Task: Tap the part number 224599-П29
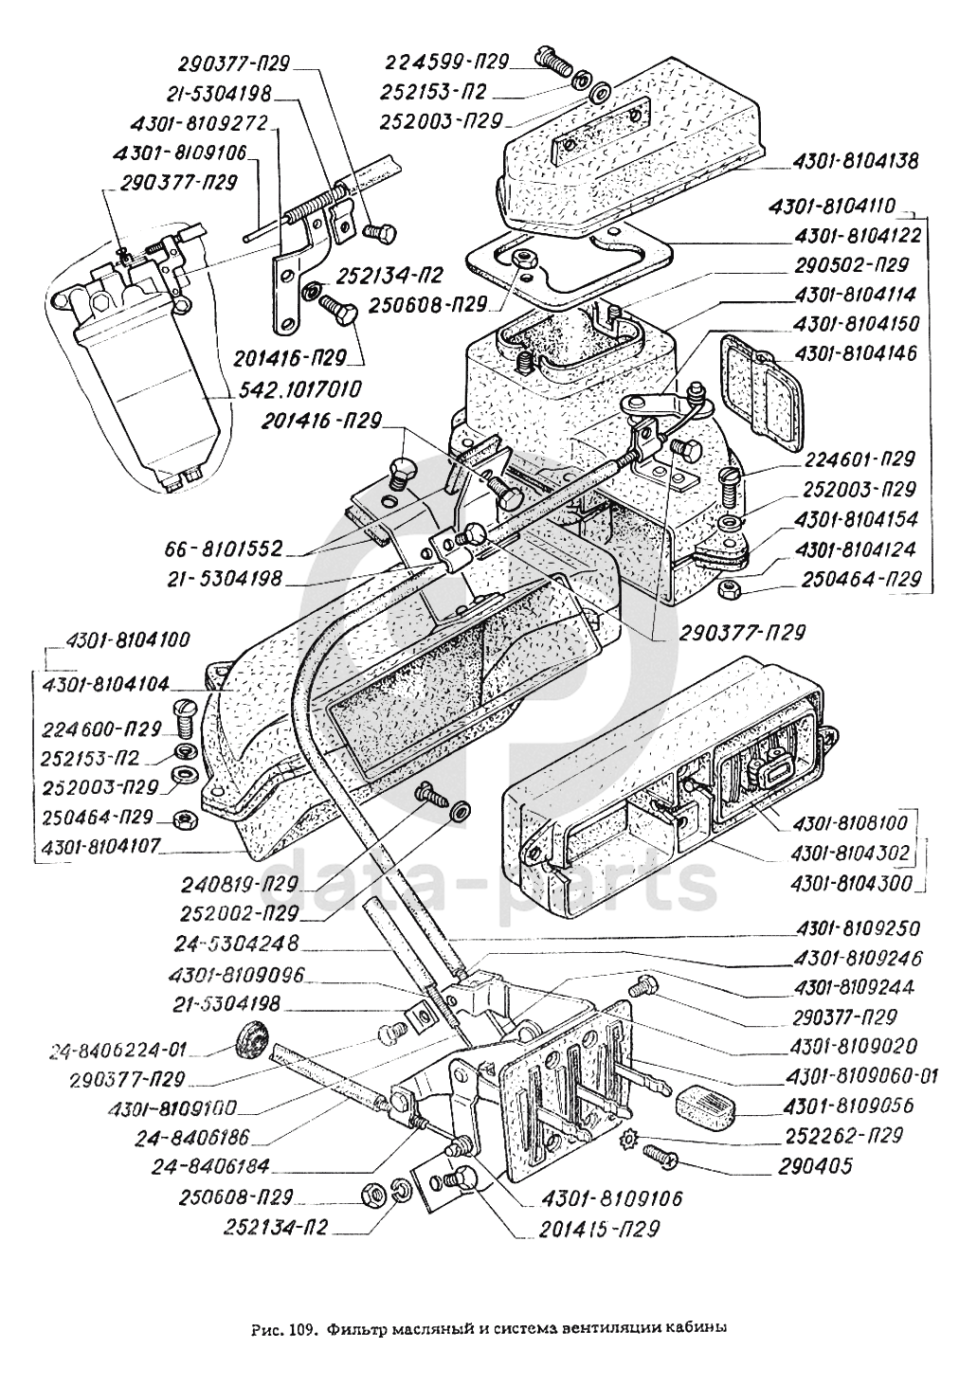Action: point(446,62)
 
